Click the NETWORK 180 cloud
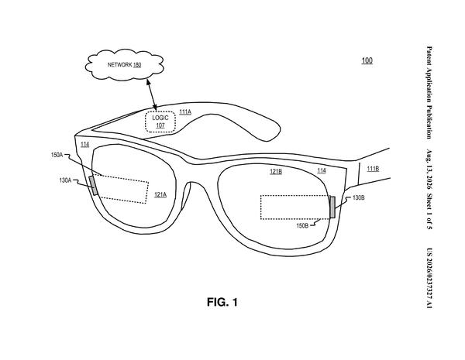point(124,64)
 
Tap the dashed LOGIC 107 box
point(160,122)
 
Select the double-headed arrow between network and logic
point(151,94)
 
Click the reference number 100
point(367,60)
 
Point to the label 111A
point(185,112)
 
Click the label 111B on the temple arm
point(373,169)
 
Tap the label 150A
point(57,155)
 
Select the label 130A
point(65,180)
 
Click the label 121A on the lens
point(160,194)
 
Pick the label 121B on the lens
point(276,171)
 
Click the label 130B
point(359,197)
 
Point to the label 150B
point(302,226)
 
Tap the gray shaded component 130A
point(94,186)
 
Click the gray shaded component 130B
point(332,207)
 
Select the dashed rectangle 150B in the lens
point(295,207)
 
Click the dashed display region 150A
point(122,189)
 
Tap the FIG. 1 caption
point(222,302)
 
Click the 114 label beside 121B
point(322,170)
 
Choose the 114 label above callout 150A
point(84,144)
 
